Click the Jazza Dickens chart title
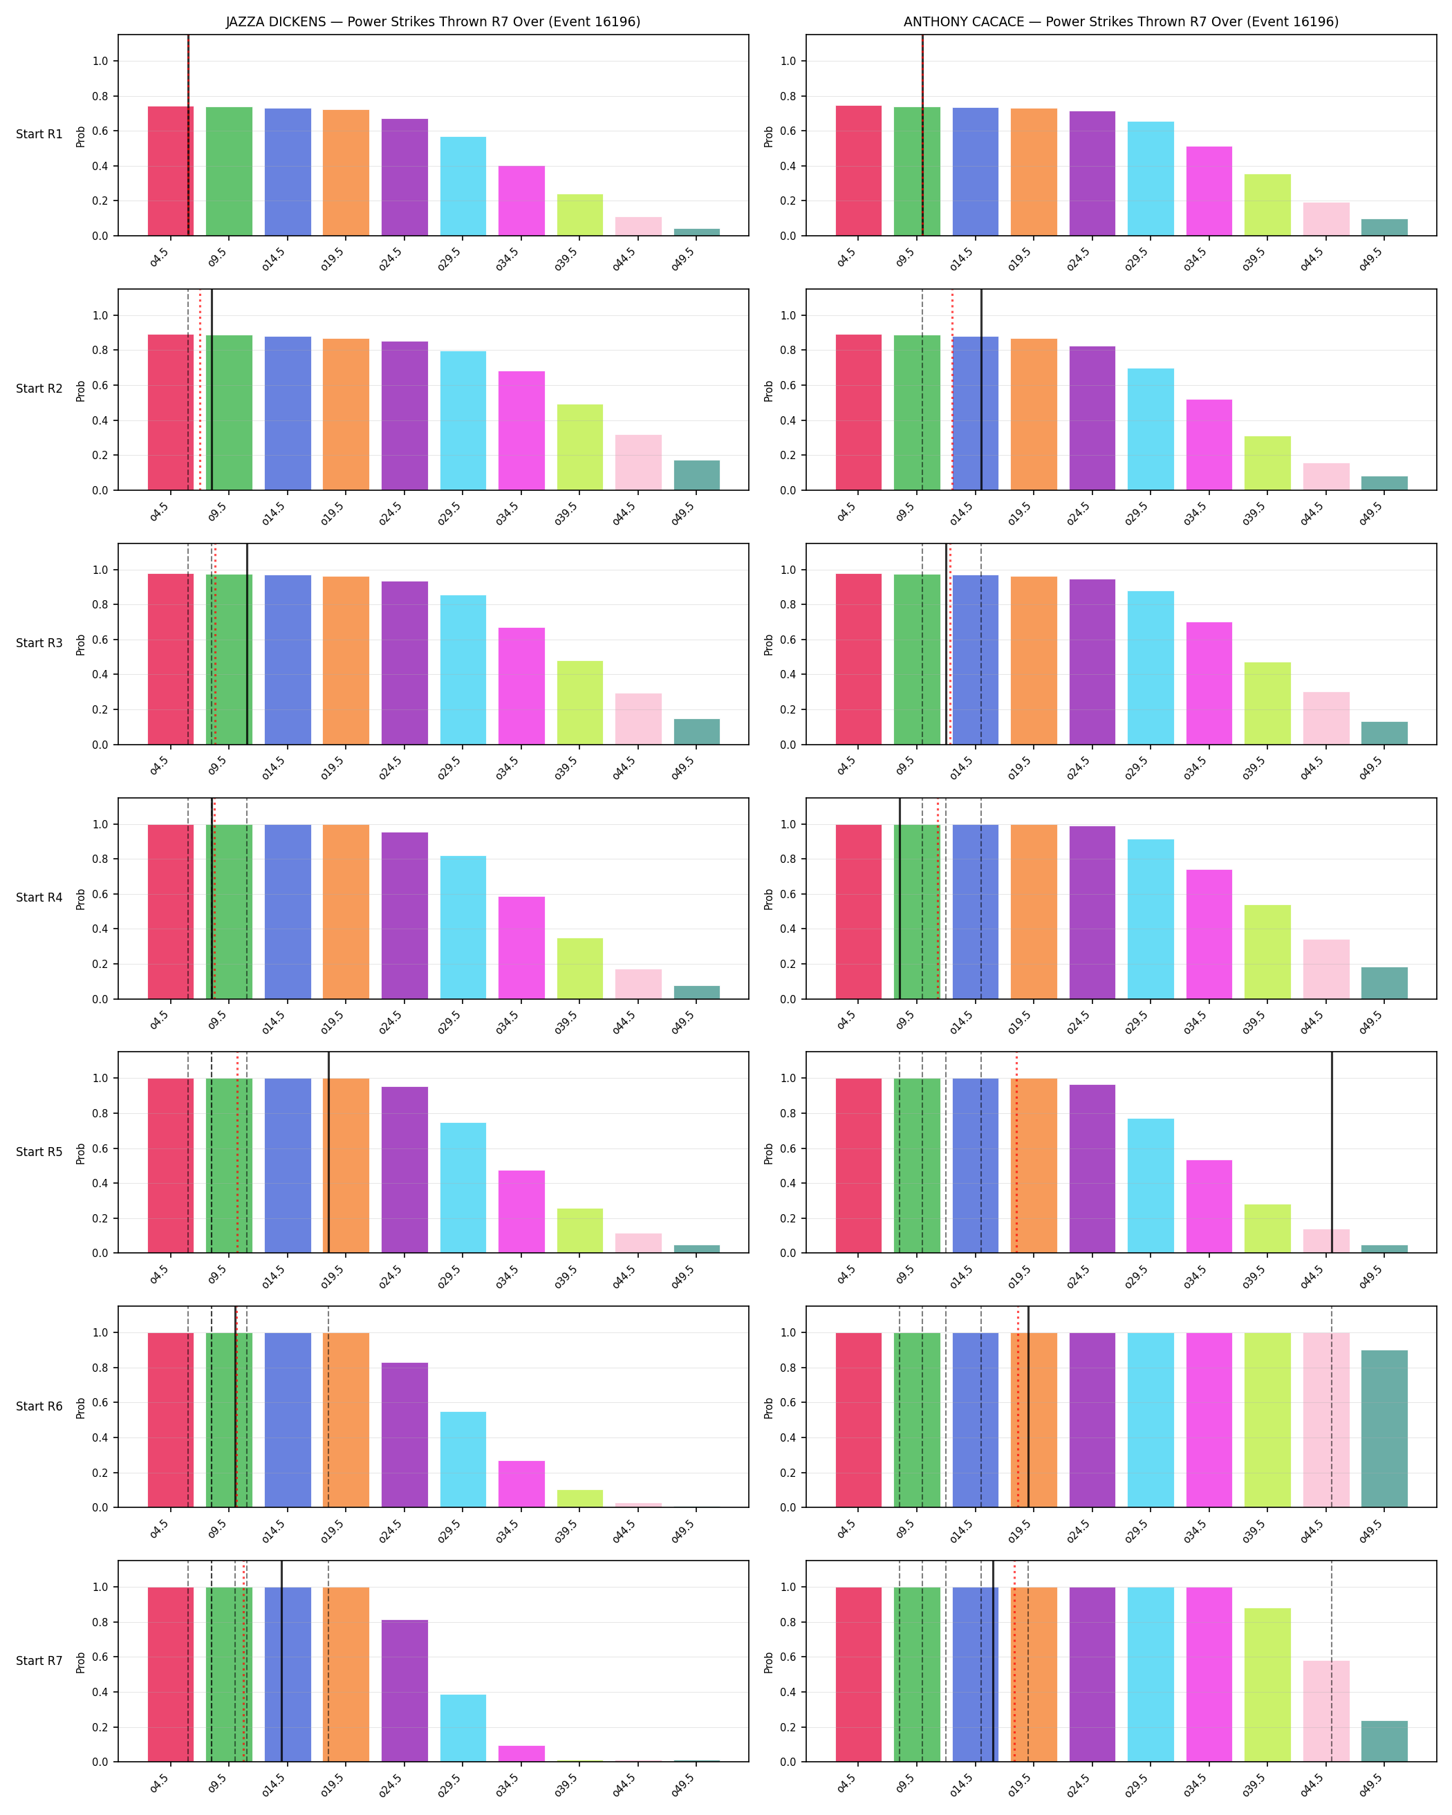pyautogui.click(x=433, y=22)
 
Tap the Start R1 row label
pyautogui.click(x=39, y=134)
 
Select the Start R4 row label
pyautogui.click(x=39, y=897)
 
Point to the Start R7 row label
pyautogui.click(x=39, y=1661)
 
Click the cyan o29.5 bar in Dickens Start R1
pyautogui.click(x=463, y=186)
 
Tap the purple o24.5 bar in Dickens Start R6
pyautogui.click(x=405, y=1435)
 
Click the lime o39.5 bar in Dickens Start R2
pyautogui.click(x=580, y=447)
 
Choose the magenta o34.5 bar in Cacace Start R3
pyautogui.click(x=1209, y=684)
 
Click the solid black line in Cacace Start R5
pyautogui.click(x=1332, y=1153)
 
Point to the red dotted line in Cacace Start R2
pyautogui.click(x=952, y=390)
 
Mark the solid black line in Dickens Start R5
pyautogui.click(x=328, y=1153)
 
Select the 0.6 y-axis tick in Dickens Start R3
pyautogui.click(x=100, y=640)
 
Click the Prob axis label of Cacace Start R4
pyautogui.click(x=768, y=899)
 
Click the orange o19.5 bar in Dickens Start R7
pyautogui.click(x=346, y=1675)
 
